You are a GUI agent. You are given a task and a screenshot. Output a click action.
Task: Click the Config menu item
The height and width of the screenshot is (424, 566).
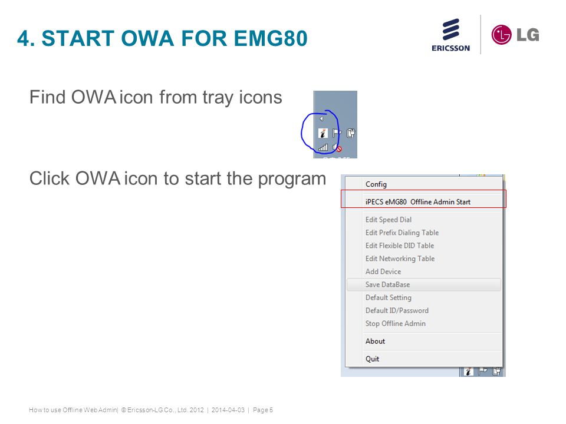pyautogui.click(x=376, y=184)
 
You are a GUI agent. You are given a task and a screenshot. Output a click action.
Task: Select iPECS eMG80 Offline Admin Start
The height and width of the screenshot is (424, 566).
pyautogui.click(x=417, y=202)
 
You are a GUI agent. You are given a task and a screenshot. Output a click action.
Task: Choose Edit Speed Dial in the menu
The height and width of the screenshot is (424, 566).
pyautogui.click(x=388, y=220)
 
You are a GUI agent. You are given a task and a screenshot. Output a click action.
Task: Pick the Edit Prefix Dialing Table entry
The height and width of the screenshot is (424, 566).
pyautogui.click(x=402, y=233)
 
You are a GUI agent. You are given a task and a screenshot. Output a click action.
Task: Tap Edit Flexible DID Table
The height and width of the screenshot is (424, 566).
pyautogui.click(x=399, y=246)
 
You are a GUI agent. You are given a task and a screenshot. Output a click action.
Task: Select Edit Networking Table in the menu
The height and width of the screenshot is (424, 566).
pyautogui.click(x=400, y=259)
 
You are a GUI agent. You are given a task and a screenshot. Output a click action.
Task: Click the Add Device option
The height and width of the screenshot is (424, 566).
pyautogui.click(x=383, y=271)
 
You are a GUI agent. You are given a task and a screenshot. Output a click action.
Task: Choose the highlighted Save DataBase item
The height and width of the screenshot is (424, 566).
pyautogui.click(x=387, y=284)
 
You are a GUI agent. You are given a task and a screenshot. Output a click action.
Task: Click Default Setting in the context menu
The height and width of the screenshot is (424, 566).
pyautogui.click(x=388, y=297)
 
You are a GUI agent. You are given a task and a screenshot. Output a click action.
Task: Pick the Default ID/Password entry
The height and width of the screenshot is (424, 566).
pyautogui.click(x=397, y=310)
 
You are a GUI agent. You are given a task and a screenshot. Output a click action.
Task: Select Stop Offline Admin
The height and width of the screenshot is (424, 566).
pyautogui.click(x=395, y=323)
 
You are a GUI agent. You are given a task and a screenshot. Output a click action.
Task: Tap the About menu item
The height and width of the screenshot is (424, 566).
pyautogui.click(x=375, y=341)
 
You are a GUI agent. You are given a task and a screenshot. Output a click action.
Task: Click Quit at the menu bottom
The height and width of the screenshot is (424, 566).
pyautogui.click(x=372, y=359)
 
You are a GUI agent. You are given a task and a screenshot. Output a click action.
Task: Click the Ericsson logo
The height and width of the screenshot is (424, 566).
pyautogui.click(x=451, y=35)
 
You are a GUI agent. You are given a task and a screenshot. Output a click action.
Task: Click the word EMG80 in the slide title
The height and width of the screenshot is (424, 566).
pyautogui.click(x=270, y=39)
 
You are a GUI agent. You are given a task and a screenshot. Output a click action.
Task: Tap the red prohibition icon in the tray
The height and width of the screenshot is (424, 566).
pyautogui.click(x=338, y=150)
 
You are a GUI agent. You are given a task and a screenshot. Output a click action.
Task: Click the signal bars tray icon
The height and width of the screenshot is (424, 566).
pyautogui.click(x=323, y=147)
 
